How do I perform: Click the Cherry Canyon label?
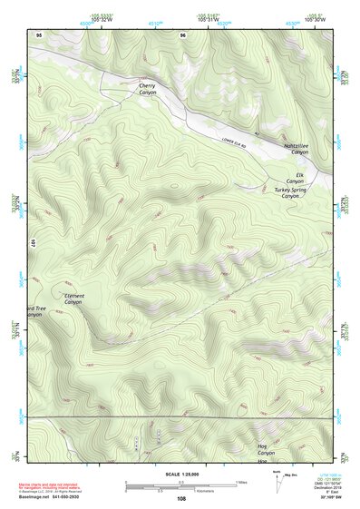tap(147, 89)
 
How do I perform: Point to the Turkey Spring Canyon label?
tap(289, 192)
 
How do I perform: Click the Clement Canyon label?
tap(74, 299)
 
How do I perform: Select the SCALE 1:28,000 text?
tap(185, 475)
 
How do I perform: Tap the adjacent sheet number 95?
tap(39, 34)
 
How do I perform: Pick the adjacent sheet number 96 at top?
tap(183, 34)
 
